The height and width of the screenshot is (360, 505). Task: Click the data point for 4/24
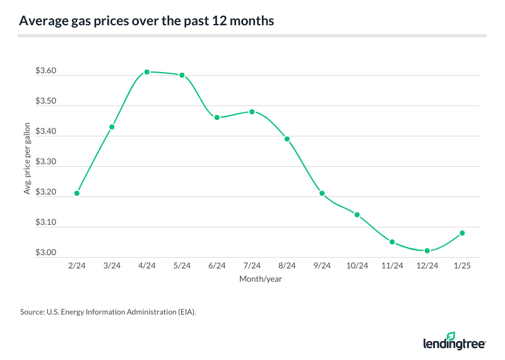click(147, 72)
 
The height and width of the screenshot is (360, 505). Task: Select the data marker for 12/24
click(427, 251)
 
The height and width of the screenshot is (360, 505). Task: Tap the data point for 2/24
click(77, 193)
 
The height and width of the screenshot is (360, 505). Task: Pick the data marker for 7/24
click(252, 112)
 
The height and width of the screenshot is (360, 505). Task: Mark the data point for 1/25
click(462, 233)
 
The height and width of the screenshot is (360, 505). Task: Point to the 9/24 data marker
click(322, 193)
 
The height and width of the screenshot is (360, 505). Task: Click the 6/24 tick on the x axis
click(217, 267)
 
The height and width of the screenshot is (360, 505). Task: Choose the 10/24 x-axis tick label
click(357, 267)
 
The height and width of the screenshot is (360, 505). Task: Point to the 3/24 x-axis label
click(112, 267)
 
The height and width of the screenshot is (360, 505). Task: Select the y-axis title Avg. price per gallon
click(27, 162)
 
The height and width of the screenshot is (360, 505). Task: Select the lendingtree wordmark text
click(454, 344)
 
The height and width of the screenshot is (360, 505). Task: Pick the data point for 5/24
click(182, 75)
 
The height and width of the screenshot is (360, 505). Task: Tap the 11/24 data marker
click(392, 242)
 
